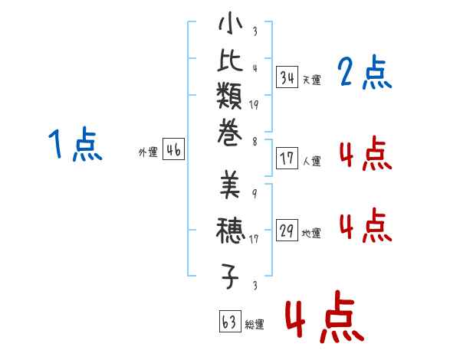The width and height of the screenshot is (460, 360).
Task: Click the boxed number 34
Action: (x=287, y=77)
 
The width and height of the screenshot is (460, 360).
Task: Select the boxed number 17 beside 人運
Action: (x=287, y=159)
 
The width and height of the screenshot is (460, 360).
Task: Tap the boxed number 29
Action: (x=287, y=231)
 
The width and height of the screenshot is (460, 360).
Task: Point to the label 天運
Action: (x=311, y=80)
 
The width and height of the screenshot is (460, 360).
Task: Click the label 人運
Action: (x=311, y=162)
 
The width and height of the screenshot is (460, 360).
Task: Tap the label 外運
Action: (x=148, y=152)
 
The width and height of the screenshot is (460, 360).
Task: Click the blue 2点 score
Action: (x=364, y=74)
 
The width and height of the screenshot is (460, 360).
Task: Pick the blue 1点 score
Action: (x=75, y=145)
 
